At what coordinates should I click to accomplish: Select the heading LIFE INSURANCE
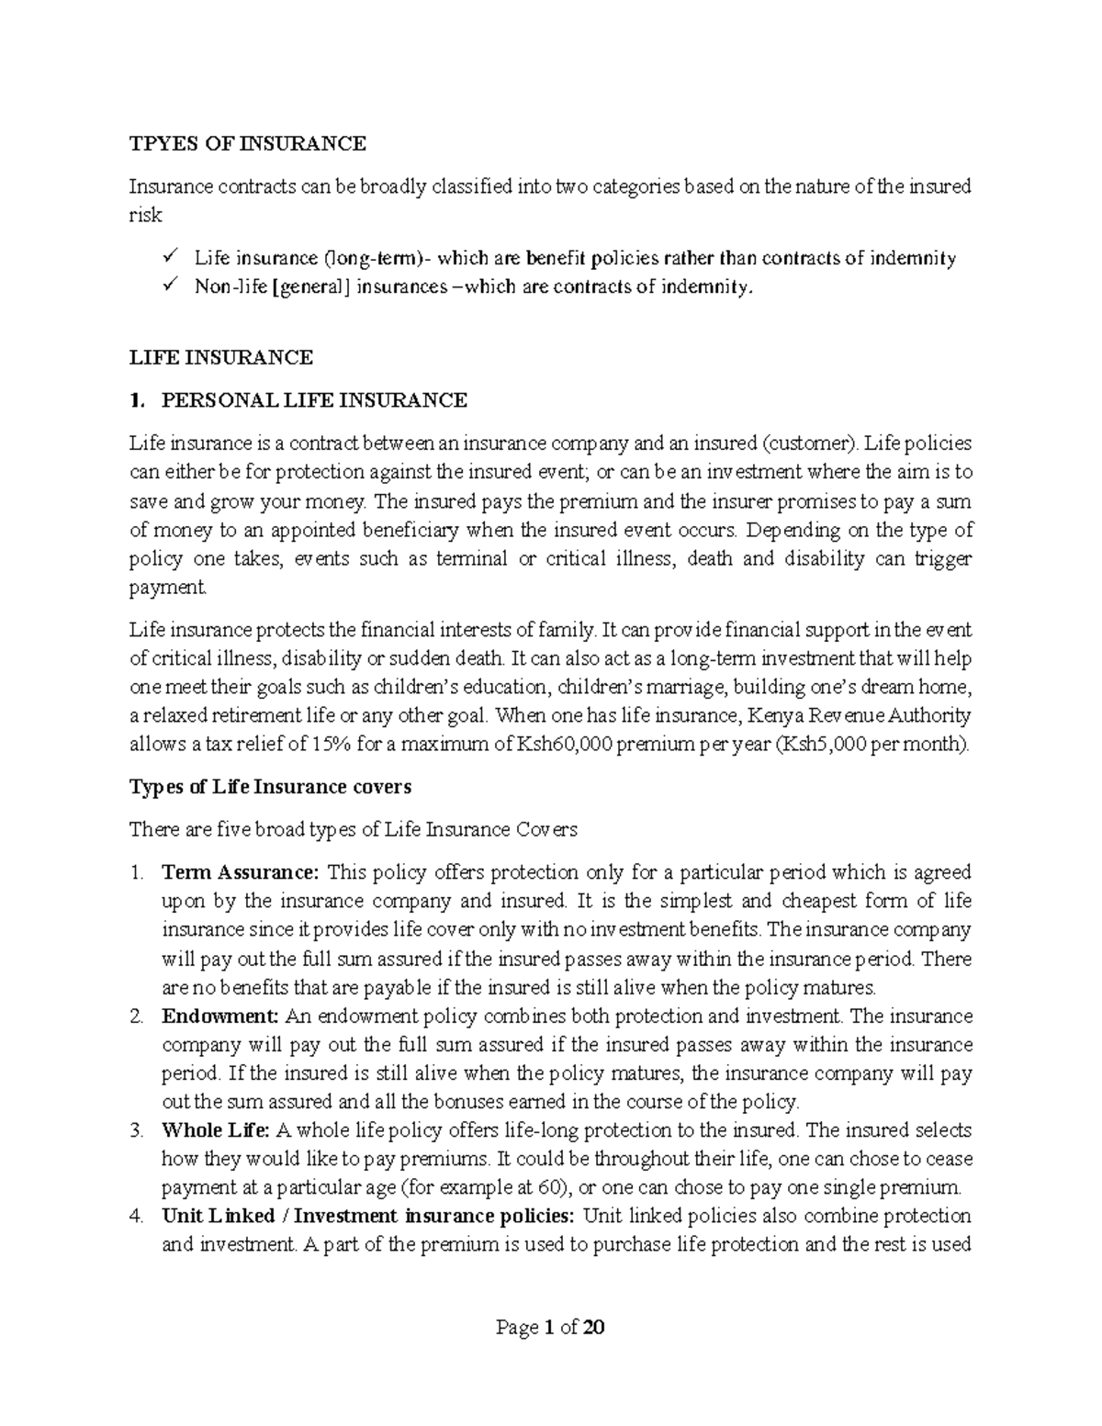click(x=220, y=357)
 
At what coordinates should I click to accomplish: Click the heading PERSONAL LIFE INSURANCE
click(x=313, y=400)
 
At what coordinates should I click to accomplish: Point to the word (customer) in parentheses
click(x=813, y=444)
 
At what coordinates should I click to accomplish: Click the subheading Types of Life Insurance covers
click(x=270, y=787)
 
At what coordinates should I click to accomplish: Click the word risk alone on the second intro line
click(x=145, y=216)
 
